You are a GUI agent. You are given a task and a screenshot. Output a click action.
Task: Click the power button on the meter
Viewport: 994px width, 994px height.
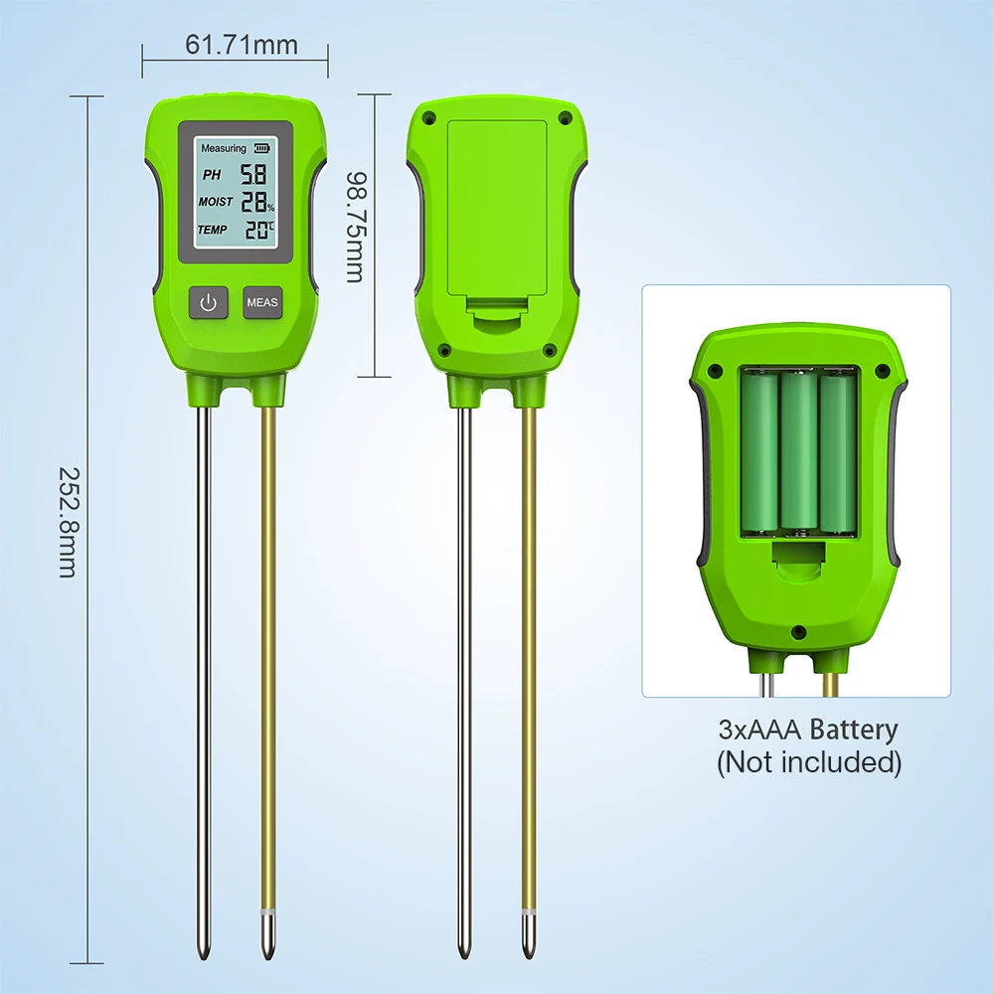(208, 302)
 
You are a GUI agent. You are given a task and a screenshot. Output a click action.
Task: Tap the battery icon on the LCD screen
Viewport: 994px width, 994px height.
(261, 148)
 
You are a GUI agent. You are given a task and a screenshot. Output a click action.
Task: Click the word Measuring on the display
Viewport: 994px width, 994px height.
(223, 148)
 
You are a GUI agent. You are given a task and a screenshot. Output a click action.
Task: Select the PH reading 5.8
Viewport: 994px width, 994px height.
(252, 174)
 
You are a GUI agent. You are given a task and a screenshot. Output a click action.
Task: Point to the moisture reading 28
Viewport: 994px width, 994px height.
(254, 202)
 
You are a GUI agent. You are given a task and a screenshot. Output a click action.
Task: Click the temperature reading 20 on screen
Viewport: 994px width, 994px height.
(256, 230)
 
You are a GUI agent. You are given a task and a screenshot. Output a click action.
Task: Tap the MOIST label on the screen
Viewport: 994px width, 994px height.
(216, 202)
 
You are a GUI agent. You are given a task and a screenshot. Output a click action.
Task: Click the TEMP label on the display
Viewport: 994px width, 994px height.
(212, 230)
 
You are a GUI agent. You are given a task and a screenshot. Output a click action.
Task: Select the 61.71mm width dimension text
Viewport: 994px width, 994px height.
(242, 45)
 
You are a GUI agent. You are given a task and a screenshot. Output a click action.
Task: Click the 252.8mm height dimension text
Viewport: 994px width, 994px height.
(68, 523)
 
